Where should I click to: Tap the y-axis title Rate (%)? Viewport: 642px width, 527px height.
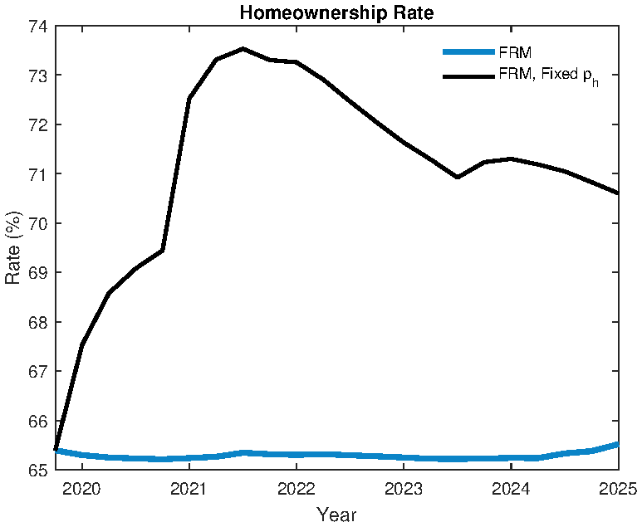(13, 248)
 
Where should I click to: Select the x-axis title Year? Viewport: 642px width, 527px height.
(336, 515)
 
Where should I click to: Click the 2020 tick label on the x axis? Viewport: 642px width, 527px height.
(81, 487)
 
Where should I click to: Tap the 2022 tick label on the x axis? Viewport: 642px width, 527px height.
(296, 487)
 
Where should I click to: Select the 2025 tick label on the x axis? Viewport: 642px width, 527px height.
(617, 487)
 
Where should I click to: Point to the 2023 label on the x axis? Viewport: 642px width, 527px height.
(403, 487)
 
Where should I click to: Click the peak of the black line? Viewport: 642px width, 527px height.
(243, 48)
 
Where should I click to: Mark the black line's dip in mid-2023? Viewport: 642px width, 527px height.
(457, 177)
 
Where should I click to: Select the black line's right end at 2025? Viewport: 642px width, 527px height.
(617, 193)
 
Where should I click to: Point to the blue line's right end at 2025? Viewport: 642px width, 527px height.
(617, 444)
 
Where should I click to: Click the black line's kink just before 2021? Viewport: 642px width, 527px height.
(163, 250)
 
